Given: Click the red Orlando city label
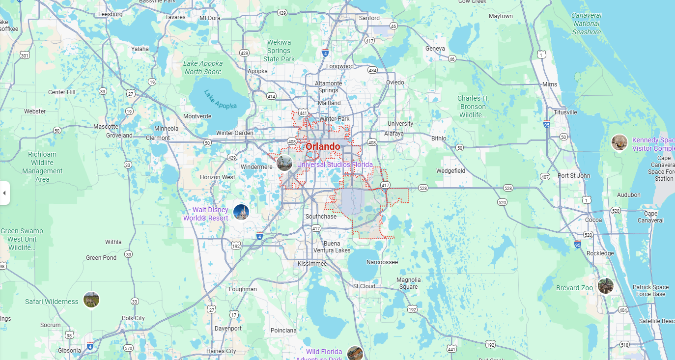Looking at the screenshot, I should point(323,146).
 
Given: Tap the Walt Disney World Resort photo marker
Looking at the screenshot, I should point(241,212).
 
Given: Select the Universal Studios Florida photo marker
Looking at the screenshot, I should point(284,163).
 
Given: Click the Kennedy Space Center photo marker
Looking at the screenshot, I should point(619,142).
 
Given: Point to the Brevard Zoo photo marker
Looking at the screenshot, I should point(605,286).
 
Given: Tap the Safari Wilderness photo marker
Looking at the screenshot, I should point(91,300).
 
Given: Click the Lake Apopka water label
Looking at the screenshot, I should point(221,100).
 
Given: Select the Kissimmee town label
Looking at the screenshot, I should point(312,264).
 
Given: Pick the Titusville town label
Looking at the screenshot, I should point(565,112).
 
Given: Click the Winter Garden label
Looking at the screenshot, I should point(235,133).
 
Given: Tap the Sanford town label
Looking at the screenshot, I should point(369,18).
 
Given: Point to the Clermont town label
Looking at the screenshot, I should point(158,138).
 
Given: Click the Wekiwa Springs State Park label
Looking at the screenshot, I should point(279,51).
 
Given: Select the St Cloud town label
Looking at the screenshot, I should point(364,286).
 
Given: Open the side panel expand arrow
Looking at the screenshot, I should point(4,193).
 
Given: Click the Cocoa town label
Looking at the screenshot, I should point(593,220).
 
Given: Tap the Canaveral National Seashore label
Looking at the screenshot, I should point(586,24).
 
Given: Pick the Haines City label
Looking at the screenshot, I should point(221,351).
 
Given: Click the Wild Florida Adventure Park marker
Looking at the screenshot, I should point(355,353).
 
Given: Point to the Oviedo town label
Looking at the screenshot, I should point(395,82).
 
